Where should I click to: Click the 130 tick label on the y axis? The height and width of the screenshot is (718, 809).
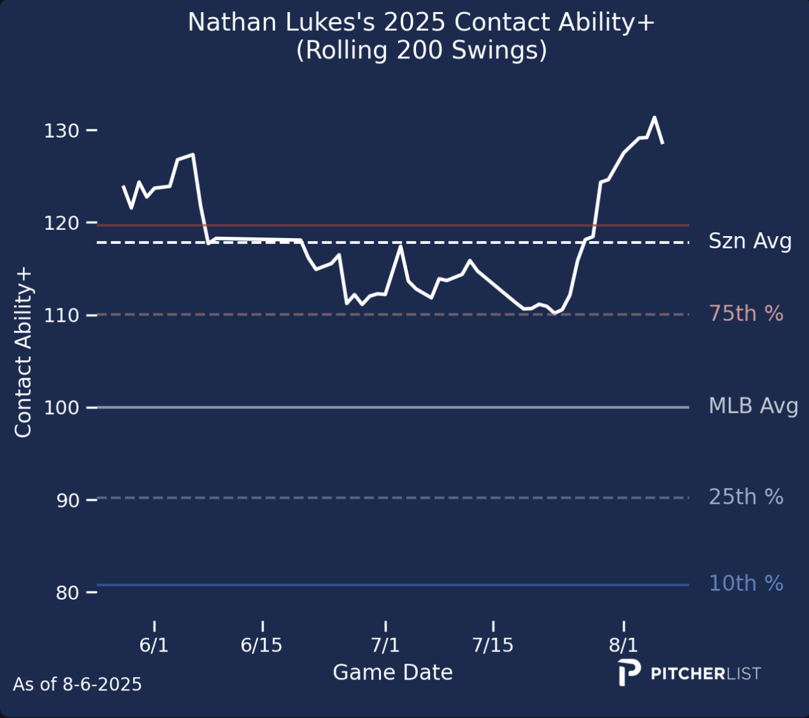[61, 131]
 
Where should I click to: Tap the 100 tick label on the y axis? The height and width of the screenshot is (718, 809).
[61, 408]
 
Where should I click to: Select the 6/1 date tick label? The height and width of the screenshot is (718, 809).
[154, 645]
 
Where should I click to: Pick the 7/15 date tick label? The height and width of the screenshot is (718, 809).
[493, 645]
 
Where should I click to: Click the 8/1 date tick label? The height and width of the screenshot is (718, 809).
[623, 645]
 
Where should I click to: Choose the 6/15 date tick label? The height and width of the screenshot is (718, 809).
[262, 645]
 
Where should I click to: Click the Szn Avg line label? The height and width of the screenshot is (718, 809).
[750, 241]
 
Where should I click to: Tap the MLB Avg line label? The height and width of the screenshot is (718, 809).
[753, 406]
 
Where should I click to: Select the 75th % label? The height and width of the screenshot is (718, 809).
[746, 314]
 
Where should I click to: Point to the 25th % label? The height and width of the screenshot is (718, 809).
[746, 497]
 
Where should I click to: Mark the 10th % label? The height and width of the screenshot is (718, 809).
[746, 584]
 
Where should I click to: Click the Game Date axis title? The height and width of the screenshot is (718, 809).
[392, 673]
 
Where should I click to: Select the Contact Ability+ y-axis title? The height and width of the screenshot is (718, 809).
[23, 353]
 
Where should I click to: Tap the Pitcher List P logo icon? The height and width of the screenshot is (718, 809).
[629, 673]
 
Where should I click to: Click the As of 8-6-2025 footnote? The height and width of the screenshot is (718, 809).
[77, 684]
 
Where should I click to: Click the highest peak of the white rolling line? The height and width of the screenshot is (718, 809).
[654, 117]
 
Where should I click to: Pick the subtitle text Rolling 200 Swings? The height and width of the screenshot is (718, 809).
[421, 50]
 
